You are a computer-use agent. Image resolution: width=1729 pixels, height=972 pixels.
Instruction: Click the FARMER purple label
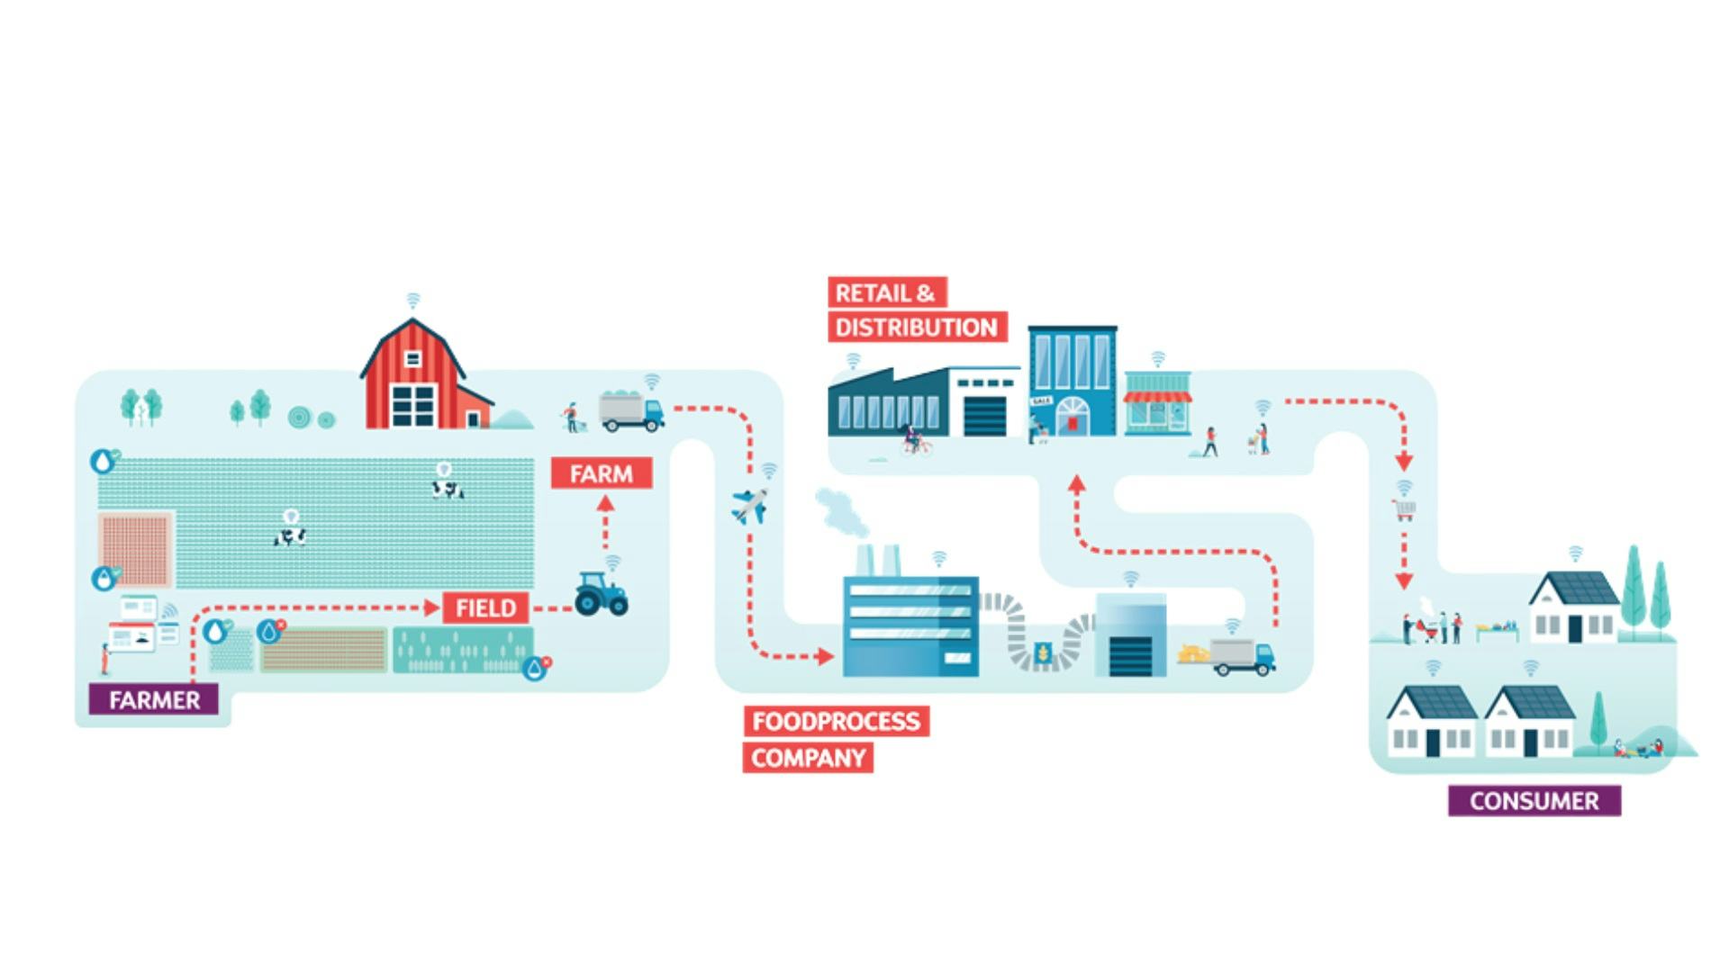153,699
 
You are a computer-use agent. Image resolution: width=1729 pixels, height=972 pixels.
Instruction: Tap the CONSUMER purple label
1534,800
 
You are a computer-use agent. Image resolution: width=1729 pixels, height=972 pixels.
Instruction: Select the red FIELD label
485,608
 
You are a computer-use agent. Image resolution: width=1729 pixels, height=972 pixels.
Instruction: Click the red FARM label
601,473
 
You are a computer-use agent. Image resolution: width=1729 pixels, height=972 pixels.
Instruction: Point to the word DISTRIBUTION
916,327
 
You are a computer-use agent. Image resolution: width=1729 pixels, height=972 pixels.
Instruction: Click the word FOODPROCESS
836,721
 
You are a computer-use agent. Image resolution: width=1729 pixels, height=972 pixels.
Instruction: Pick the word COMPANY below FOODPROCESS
808,758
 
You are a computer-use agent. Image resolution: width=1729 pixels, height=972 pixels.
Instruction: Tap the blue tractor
601,595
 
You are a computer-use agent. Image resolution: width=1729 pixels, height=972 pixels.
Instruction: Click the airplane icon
749,506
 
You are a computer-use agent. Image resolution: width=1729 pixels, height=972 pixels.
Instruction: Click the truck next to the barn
631,411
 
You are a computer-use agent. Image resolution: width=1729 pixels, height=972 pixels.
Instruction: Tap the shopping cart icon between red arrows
1404,510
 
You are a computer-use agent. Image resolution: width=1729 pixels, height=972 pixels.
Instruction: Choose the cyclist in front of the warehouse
915,441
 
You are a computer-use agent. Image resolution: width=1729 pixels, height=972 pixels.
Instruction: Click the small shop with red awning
1157,404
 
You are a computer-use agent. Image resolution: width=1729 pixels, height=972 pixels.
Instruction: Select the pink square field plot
135,548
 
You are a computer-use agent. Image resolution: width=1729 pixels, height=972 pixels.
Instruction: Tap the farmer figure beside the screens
104,658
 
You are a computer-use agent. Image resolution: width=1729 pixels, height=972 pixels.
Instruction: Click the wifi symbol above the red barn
412,300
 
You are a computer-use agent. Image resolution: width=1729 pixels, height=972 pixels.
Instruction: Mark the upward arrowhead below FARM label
605,504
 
